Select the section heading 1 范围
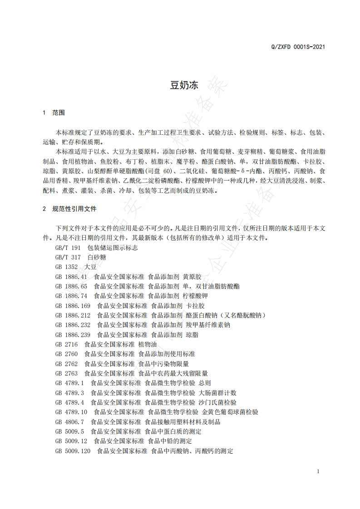click(53, 112)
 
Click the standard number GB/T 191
click(68, 248)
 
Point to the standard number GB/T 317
click(68, 257)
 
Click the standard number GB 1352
click(66, 267)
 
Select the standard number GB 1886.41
click(71, 276)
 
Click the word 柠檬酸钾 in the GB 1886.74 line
click(196, 296)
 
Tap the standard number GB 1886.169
click(73, 305)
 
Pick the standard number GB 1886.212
click(73, 315)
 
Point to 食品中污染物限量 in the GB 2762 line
click(163, 363)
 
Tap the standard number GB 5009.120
click(73, 451)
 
